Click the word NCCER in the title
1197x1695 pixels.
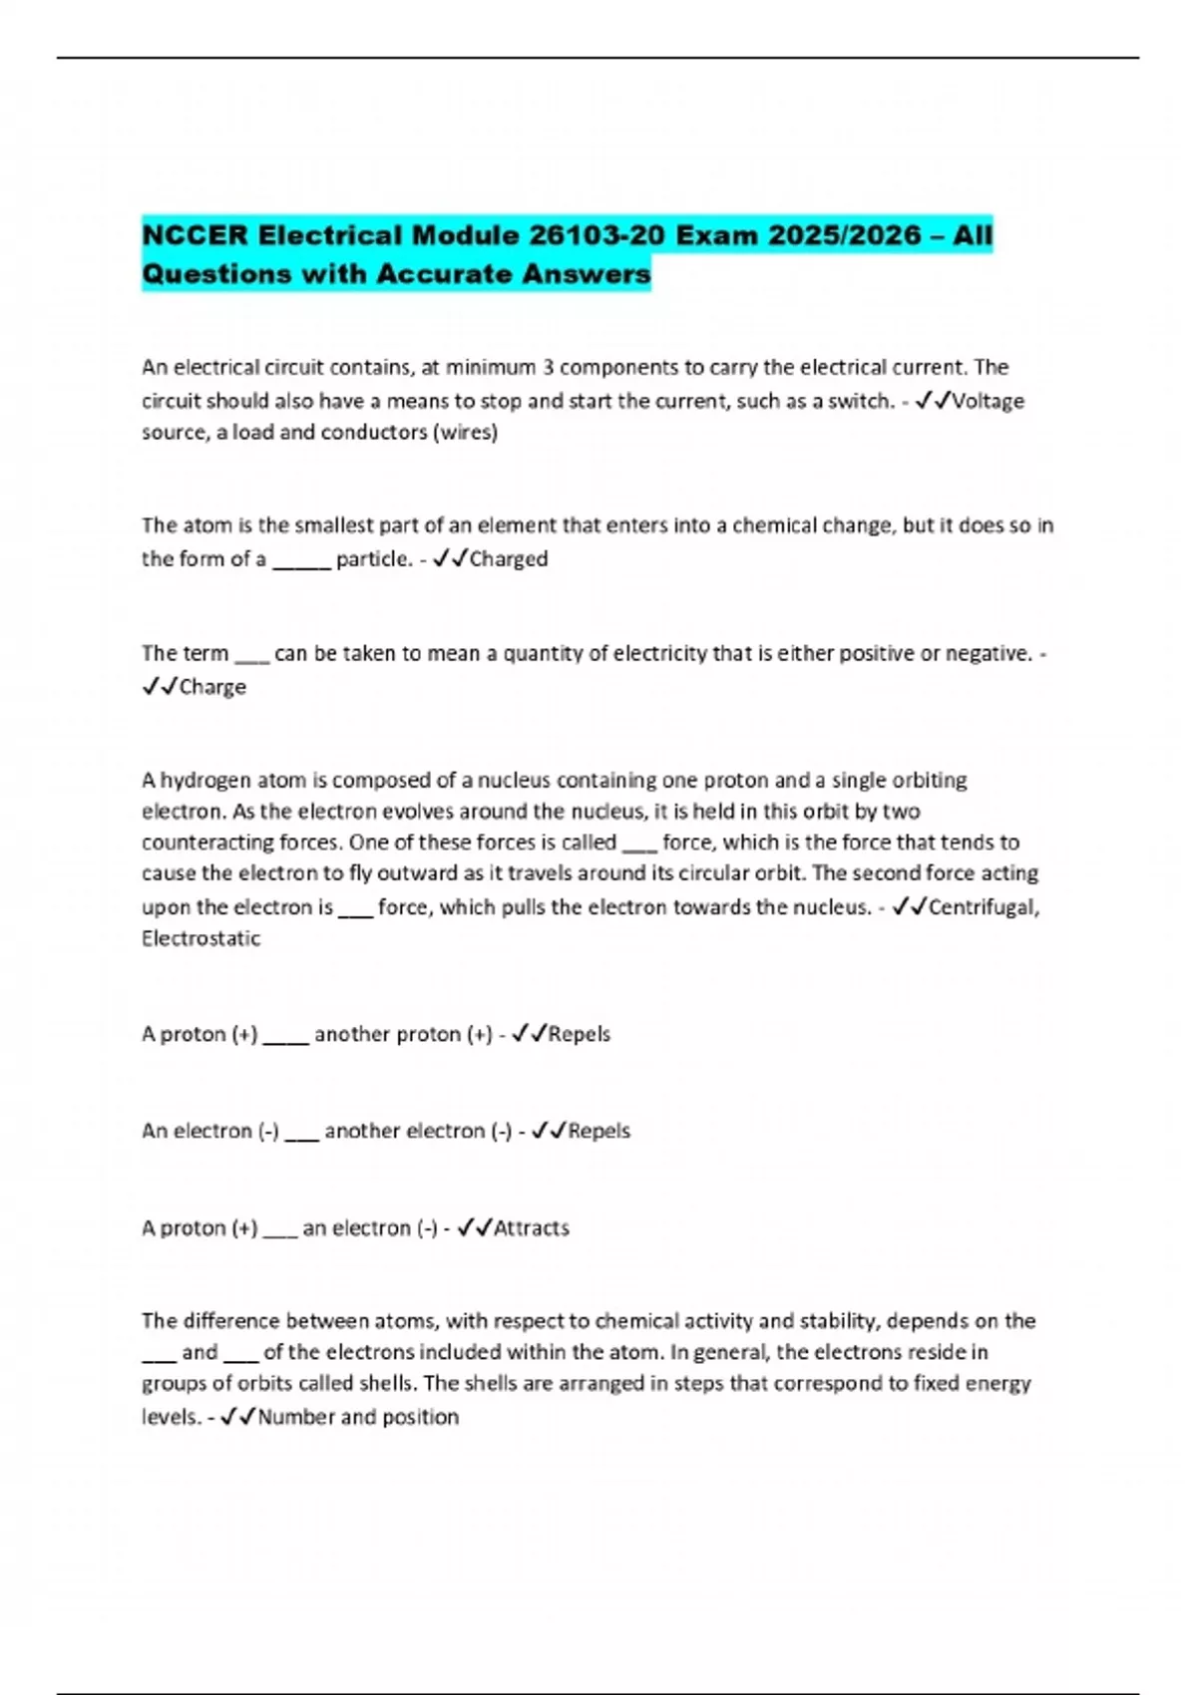click(196, 235)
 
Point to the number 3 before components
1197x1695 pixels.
click(548, 368)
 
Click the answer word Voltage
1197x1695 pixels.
click(988, 401)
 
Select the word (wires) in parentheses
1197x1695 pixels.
click(465, 433)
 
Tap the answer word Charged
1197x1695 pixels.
click(509, 559)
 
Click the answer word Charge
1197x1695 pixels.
click(212, 687)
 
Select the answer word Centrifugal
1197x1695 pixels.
click(984, 907)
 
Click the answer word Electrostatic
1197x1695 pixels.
click(200, 938)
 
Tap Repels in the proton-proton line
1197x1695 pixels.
click(580, 1034)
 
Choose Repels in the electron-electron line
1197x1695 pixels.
click(599, 1131)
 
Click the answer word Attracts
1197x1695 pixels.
click(532, 1227)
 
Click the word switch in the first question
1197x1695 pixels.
click(860, 401)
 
